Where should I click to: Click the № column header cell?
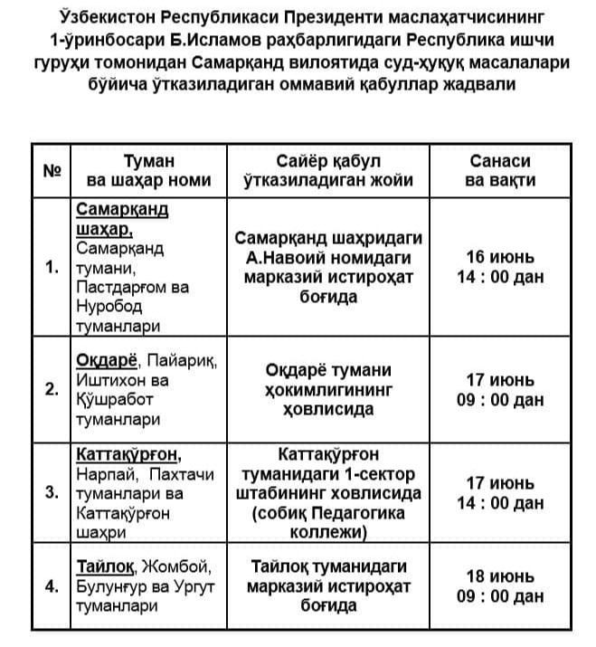(51, 169)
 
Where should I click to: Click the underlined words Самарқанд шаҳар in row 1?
(121, 218)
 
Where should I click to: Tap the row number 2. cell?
(52, 390)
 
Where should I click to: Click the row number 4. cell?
(52, 585)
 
